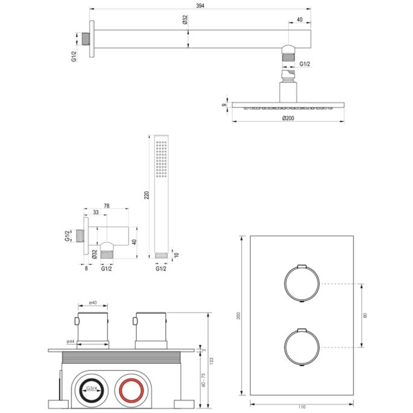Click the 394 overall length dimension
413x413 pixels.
coord(199,5)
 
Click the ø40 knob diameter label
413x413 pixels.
coord(93,302)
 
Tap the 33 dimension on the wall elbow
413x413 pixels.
coord(96,213)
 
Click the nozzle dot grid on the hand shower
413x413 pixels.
coord(162,160)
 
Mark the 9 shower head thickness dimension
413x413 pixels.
coord(224,104)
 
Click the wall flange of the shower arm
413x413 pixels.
coord(92,40)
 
